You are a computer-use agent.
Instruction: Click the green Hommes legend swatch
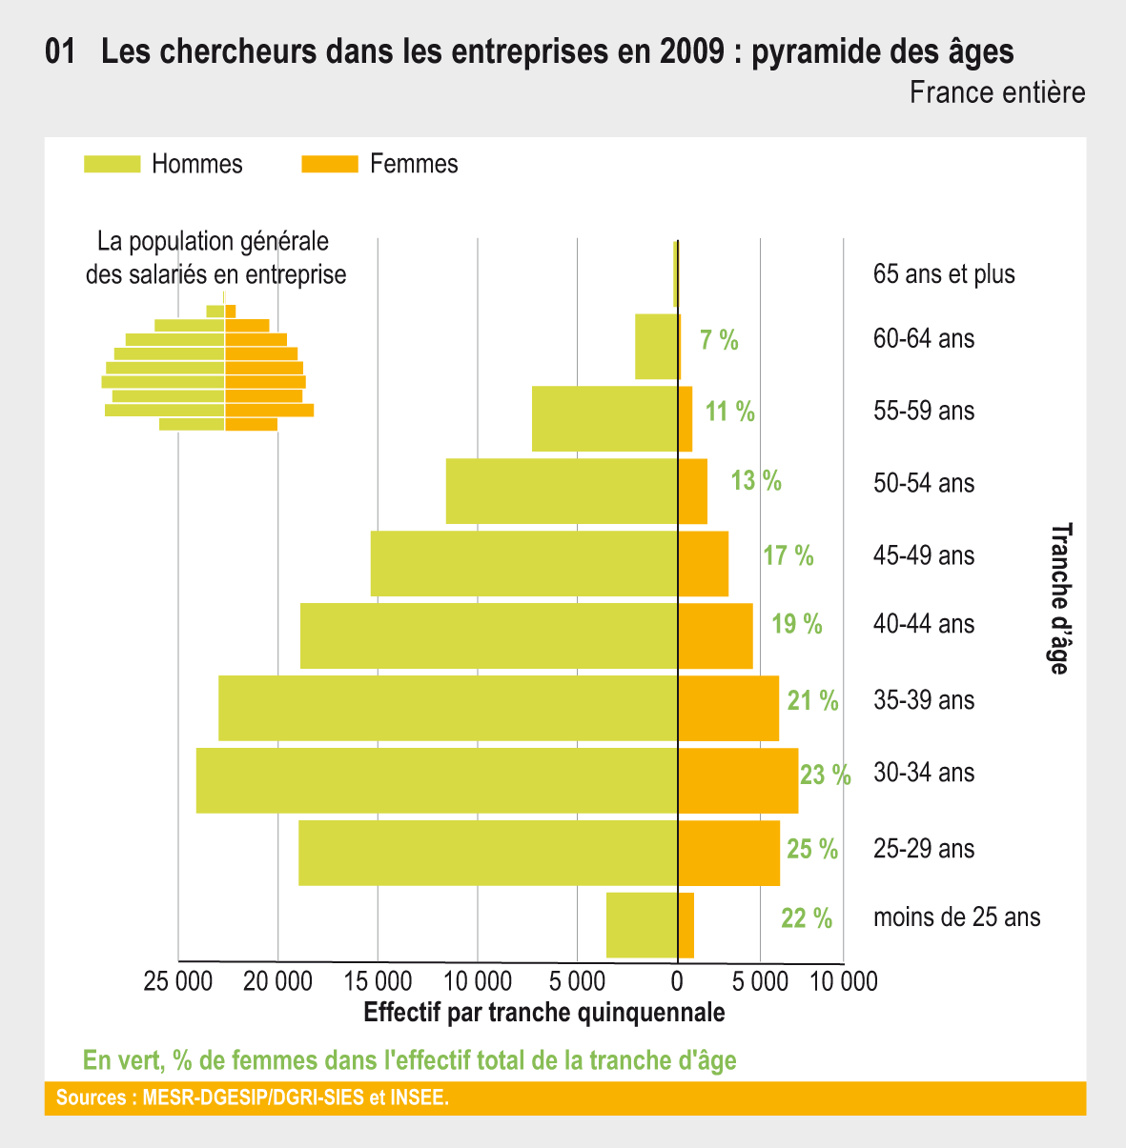click(113, 164)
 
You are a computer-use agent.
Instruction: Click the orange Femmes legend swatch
click(330, 164)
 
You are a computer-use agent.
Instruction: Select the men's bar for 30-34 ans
click(438, 780)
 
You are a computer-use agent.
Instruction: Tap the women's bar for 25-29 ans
click(728, 853)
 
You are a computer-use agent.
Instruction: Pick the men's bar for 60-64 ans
click(656, 346)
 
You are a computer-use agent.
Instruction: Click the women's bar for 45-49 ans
click(703, 564)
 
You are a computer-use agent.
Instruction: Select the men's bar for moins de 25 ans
click(642, 925)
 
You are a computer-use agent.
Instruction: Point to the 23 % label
click(826, 775)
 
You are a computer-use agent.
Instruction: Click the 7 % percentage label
click(719, 340)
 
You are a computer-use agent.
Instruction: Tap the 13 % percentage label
click(756, 481)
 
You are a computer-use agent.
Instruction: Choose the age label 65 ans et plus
click(944, 274)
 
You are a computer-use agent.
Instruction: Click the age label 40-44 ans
click(924, 624)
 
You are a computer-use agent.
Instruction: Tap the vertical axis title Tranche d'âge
click(1060, 598)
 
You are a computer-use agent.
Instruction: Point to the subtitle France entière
click(997, 93)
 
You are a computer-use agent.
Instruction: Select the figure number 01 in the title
click(60, 51)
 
